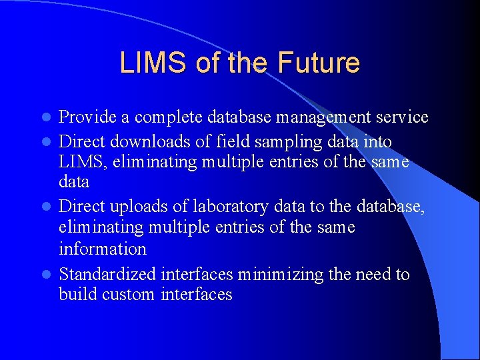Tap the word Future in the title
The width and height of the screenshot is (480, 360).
319,63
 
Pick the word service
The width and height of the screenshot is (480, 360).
400,118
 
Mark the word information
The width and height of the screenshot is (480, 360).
102,249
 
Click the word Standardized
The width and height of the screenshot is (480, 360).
107,274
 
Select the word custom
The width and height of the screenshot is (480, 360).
128,295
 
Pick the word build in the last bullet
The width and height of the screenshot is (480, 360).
78,295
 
